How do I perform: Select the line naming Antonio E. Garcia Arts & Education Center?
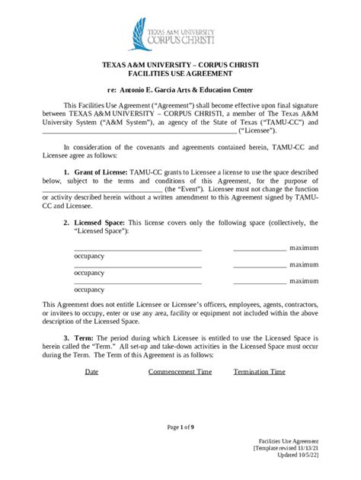coord(180,90)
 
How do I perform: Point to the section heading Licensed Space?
coord(97,223)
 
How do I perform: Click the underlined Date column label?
coord(91,373)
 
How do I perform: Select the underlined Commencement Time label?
coord(180,373)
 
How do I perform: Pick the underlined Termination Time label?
coord(260,373)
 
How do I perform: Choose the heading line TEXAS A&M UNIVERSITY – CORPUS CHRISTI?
coord(180,66)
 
